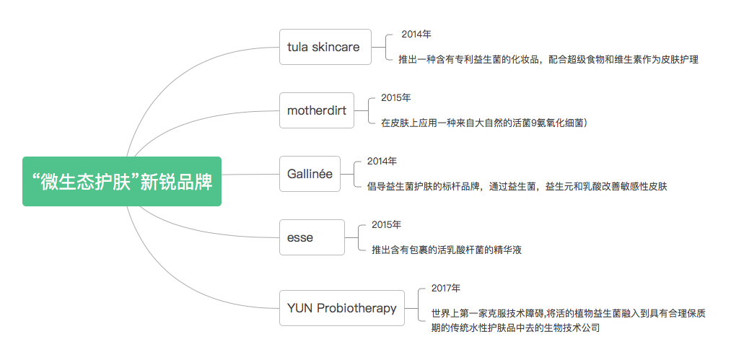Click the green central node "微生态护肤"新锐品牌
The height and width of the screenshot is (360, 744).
click(121, 181)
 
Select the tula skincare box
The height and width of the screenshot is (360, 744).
click(325, 47)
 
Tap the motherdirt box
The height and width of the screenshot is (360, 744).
click(317, 110)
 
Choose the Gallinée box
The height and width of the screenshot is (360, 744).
click(310, 173)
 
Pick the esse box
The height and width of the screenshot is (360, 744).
click(312, 237)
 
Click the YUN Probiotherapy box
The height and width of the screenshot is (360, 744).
click(341, 308)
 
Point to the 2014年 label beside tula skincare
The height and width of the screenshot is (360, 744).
click(416, 34)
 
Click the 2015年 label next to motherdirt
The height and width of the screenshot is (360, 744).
click(396, 97)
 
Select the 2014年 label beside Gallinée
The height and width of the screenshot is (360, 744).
click(382, 161)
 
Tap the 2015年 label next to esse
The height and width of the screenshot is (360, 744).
click(387, 224)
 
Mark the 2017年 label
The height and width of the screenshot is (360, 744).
click(446, 288)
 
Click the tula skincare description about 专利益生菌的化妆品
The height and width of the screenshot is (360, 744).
click(548, 59)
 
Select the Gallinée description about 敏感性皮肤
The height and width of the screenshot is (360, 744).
click(517, 186)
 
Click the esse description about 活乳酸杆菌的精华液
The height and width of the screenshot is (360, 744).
click(447, 250)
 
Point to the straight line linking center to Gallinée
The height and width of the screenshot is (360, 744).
click(250, 174)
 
